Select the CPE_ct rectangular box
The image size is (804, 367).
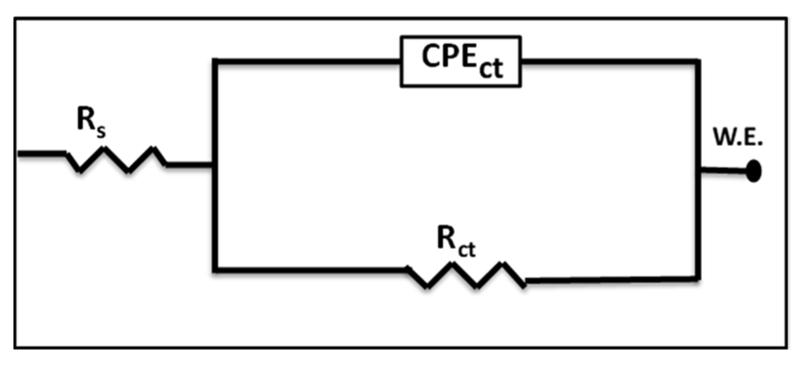tap(460, 61)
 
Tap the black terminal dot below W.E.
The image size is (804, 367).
tap(754, 171)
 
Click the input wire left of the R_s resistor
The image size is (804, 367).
tap(41, 154)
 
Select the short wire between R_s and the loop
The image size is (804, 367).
tap(189, 165)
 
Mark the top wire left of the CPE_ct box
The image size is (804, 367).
tap(308, 61)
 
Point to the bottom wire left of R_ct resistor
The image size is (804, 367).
tap(310, 270)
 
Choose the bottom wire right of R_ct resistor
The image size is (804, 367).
tap(610, 279)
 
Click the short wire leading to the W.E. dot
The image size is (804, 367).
tap(723, 170)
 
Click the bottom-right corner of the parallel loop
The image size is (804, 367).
tap(697, 278)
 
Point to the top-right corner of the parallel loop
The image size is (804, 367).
tap(697, 61)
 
